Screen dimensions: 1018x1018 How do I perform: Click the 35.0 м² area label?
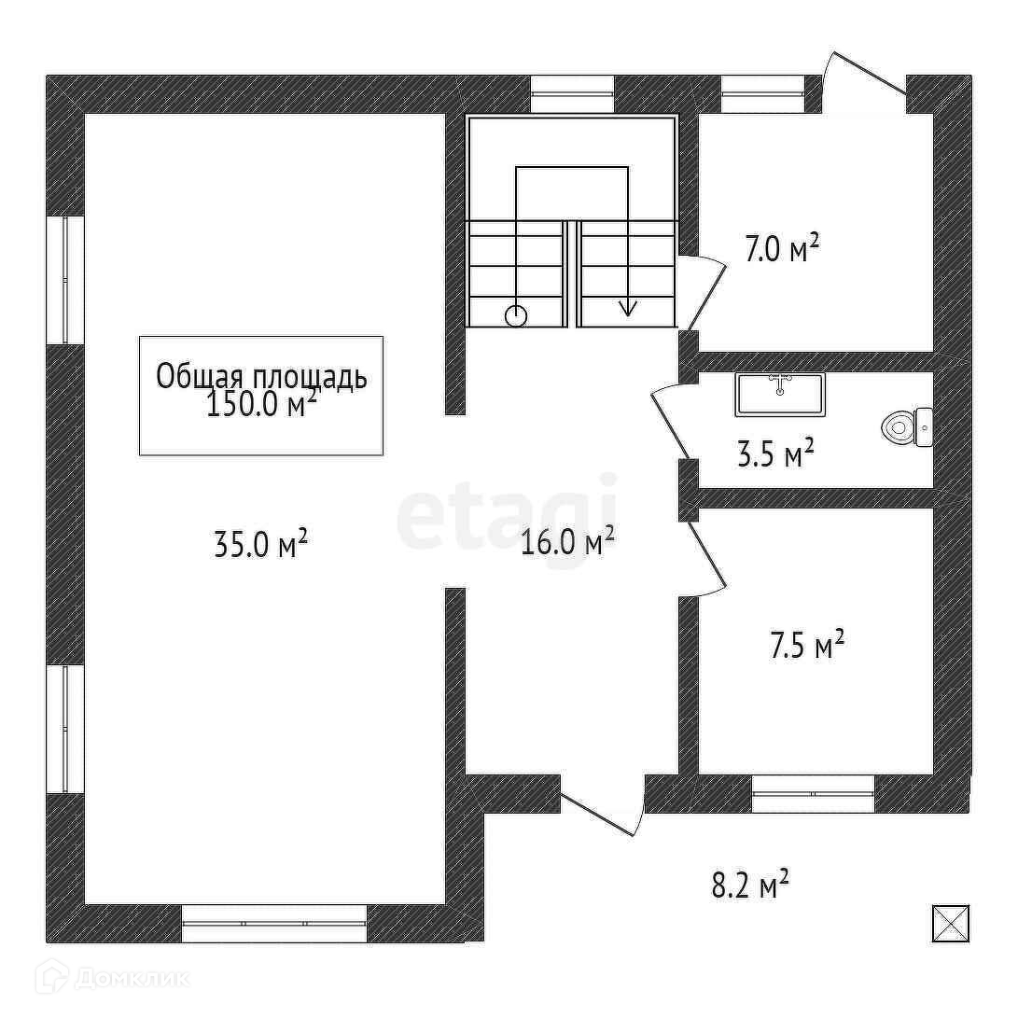click(260, 544)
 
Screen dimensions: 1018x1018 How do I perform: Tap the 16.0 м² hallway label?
click(568, 541)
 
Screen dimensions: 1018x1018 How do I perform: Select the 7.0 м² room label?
click(782, 248)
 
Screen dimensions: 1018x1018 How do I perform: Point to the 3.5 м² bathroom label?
click(775, 453)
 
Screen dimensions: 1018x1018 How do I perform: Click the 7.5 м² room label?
click(808, 644)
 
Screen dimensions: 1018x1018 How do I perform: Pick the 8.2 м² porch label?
click(750, 885)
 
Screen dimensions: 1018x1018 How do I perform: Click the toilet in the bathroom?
click(907, 427)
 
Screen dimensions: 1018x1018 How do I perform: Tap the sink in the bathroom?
click(780, 394)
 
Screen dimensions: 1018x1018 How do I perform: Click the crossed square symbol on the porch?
click(951, 923)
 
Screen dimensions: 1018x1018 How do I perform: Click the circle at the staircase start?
click(516, 316)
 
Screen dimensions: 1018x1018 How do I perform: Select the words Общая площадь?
click(261, 377)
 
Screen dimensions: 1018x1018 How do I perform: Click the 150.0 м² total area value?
click(261, 404)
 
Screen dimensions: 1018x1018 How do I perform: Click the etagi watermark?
click(507, 513)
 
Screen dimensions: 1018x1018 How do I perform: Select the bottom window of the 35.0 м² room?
click(274, 924)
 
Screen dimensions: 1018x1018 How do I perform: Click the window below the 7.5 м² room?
click(814, 793)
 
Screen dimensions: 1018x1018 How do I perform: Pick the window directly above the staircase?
click(573, 94)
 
